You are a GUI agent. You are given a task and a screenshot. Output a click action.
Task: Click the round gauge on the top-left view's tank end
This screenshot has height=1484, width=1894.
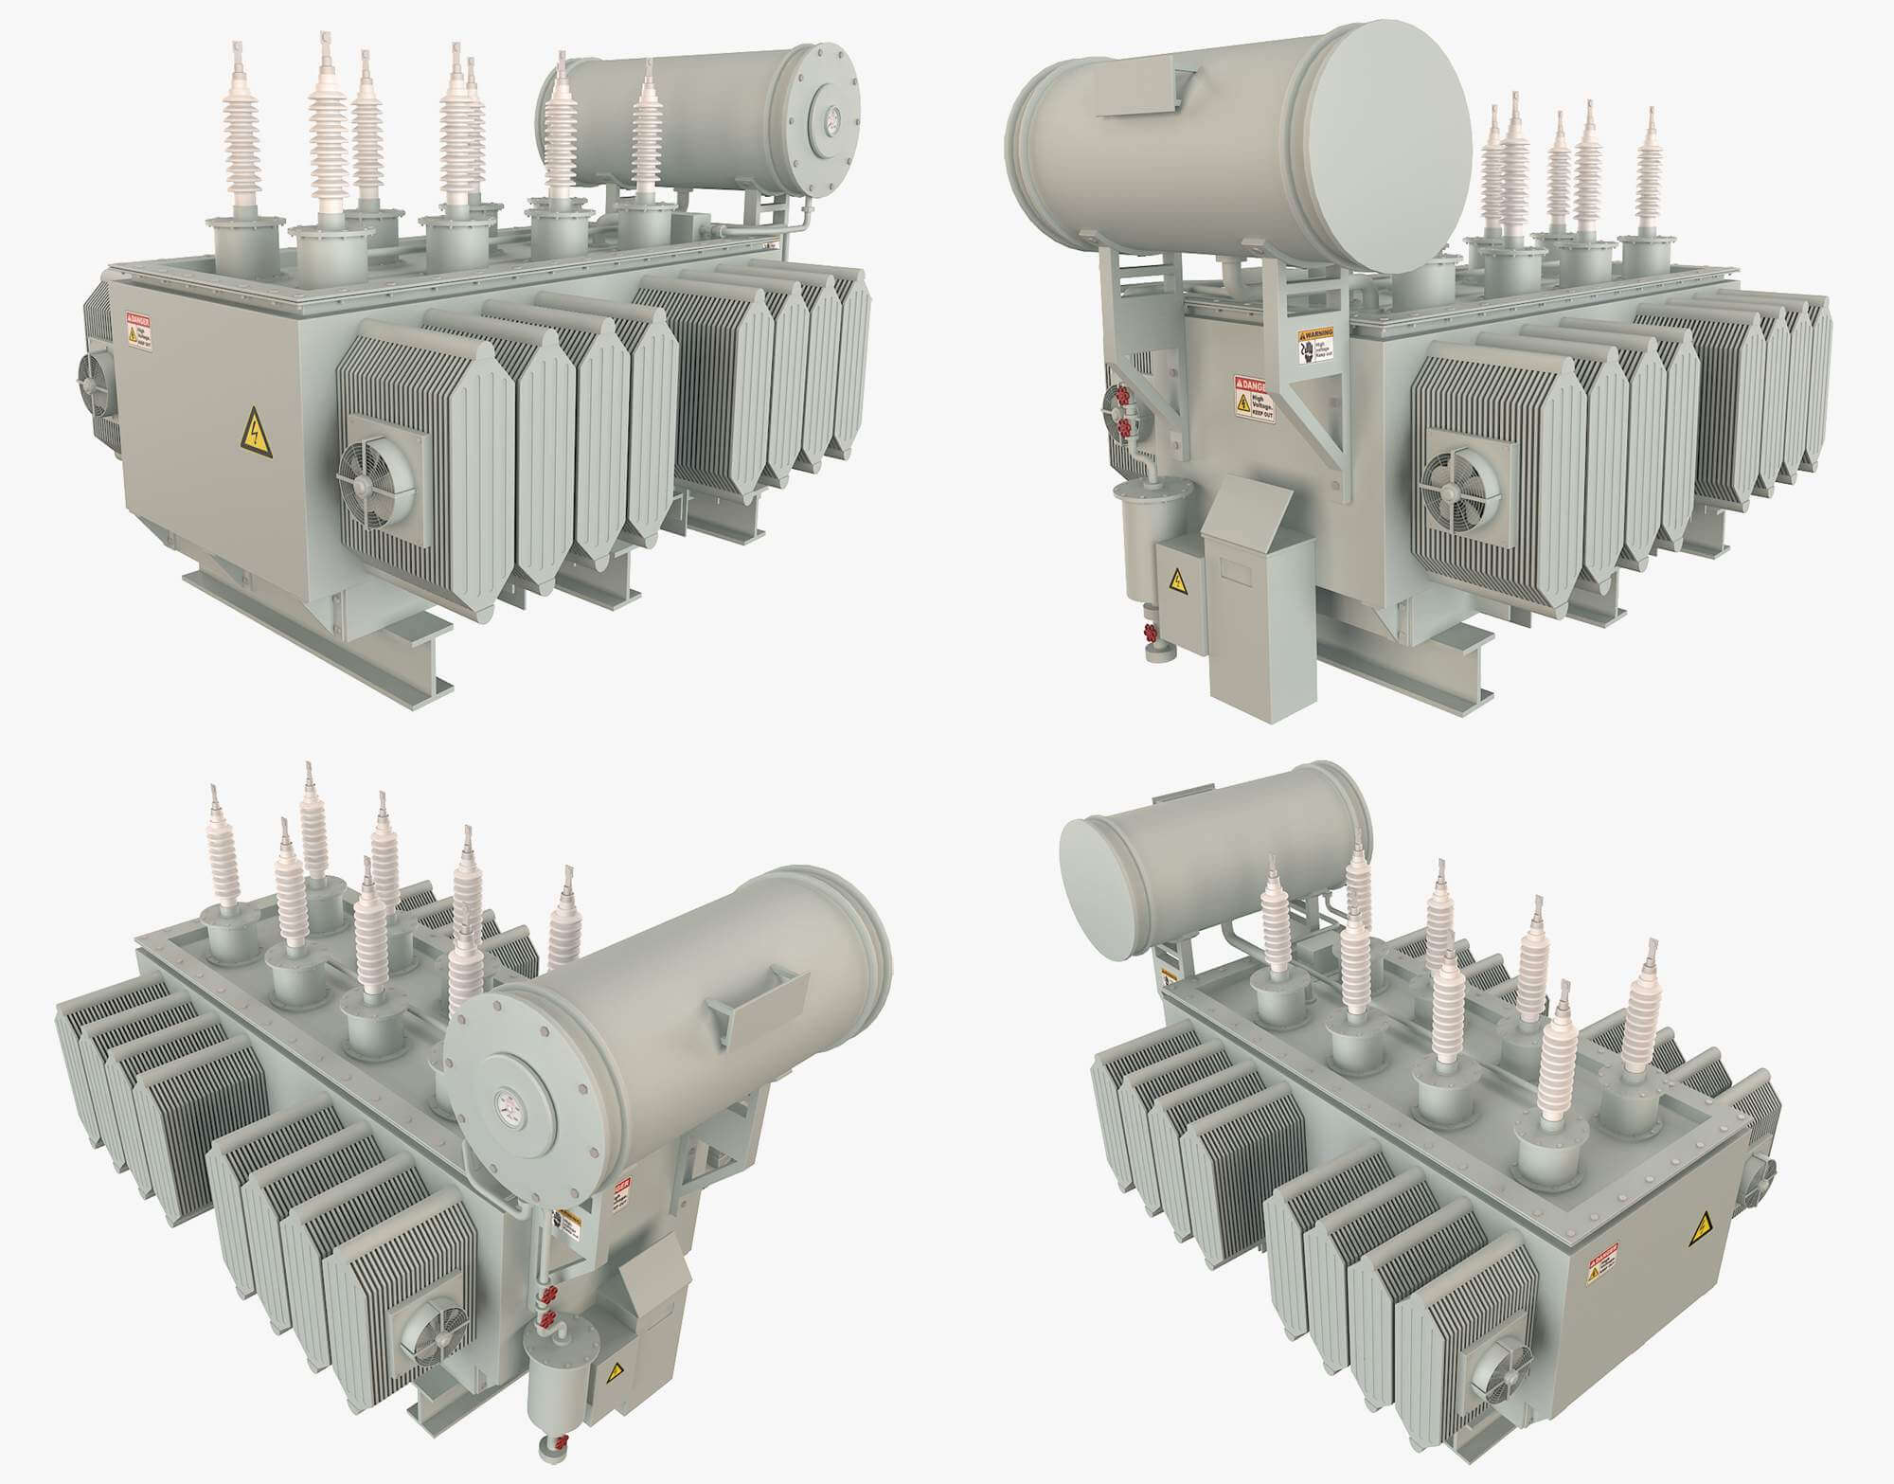pyautogui.click(x=832, y=118)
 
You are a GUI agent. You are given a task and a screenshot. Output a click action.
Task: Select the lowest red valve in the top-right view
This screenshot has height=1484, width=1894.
pyautogui.click(x=1151, y=633)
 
